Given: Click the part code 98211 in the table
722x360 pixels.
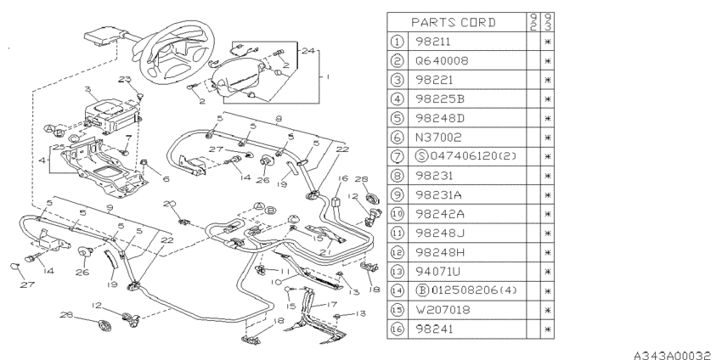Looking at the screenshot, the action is (433, 42).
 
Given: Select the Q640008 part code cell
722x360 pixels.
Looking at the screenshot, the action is (442, 61).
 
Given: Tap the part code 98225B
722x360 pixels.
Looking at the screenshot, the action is (440, 99).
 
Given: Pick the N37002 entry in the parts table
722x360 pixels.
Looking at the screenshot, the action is (438, 138).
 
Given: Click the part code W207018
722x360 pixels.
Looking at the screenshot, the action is (443, 310).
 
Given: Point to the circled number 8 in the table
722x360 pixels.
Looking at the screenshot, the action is (397, 176).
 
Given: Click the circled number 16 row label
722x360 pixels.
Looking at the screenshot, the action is (397, 329).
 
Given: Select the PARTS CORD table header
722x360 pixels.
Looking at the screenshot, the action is (453, 22).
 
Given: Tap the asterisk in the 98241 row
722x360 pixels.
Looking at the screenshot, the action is (548, 329).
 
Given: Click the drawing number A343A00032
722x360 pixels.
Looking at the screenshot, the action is (672, 355).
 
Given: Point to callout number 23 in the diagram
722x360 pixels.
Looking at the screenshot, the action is (124, 79).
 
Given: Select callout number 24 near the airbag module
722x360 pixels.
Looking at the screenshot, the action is (308, 50).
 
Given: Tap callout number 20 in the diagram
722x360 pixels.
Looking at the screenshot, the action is (169, 204).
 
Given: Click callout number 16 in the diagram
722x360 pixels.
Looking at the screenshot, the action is (342, 178).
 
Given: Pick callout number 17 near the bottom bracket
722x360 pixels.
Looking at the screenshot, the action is (331, 304).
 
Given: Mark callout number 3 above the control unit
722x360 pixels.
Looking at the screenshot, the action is (88, 90).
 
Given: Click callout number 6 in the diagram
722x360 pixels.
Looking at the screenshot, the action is (166, 178).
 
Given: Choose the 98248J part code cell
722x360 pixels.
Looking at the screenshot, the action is (440, 233).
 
